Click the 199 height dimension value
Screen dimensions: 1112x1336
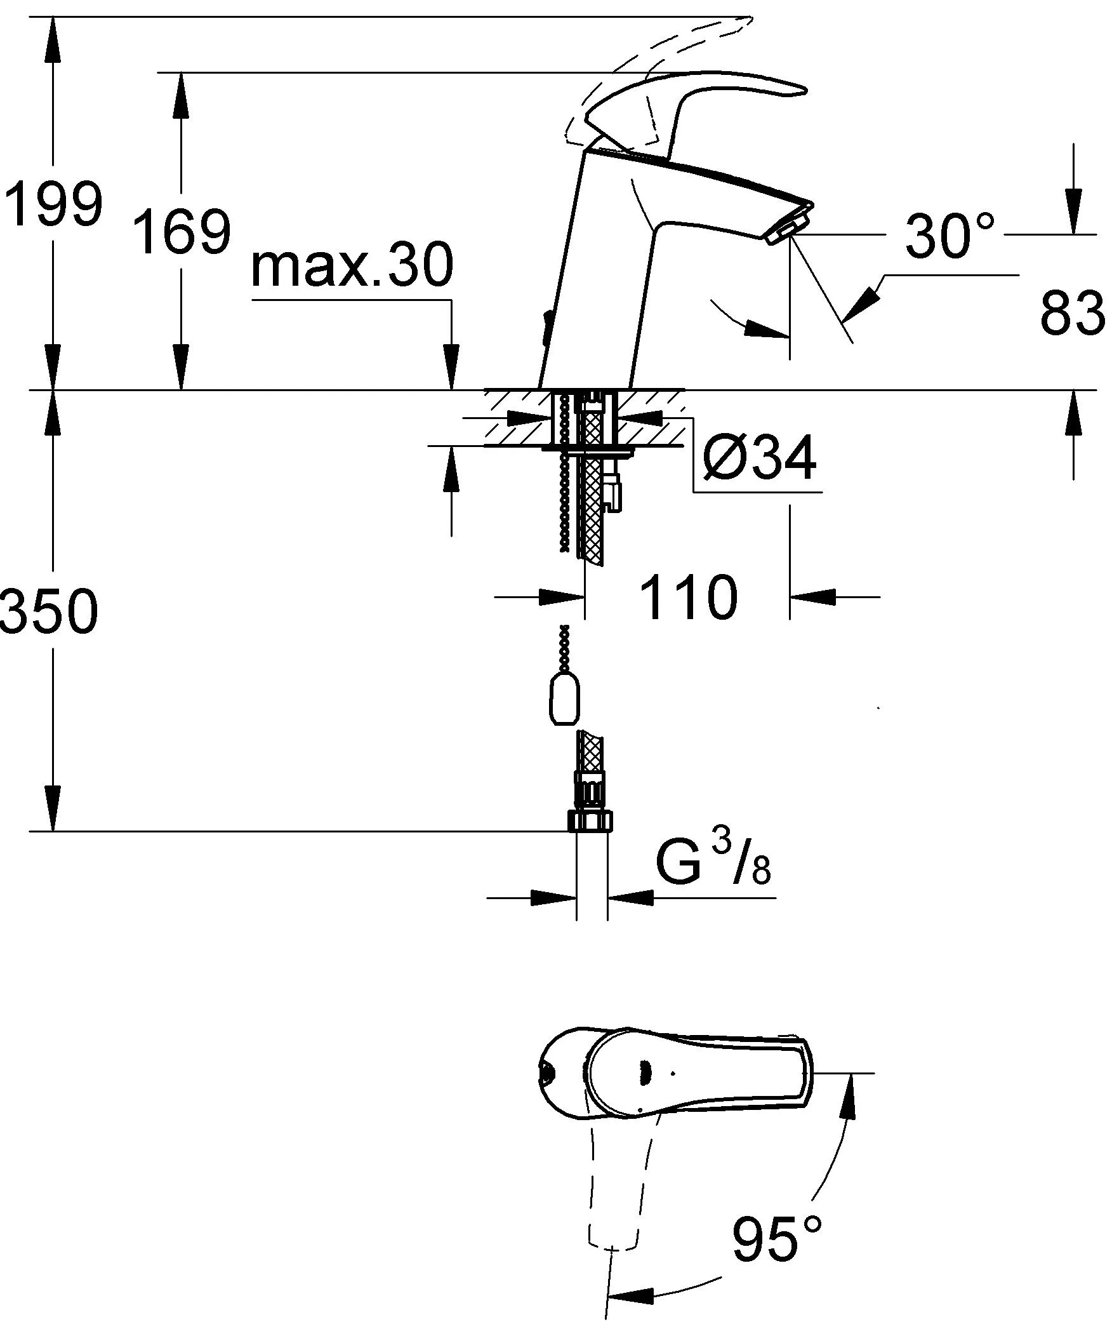(x=53, y=204)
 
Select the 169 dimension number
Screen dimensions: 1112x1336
(x=183, y=232)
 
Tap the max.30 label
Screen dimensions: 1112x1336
(x=352, y=267)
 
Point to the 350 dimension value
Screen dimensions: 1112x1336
(x=50, y=611)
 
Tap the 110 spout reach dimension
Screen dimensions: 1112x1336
(x=689, y=598)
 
